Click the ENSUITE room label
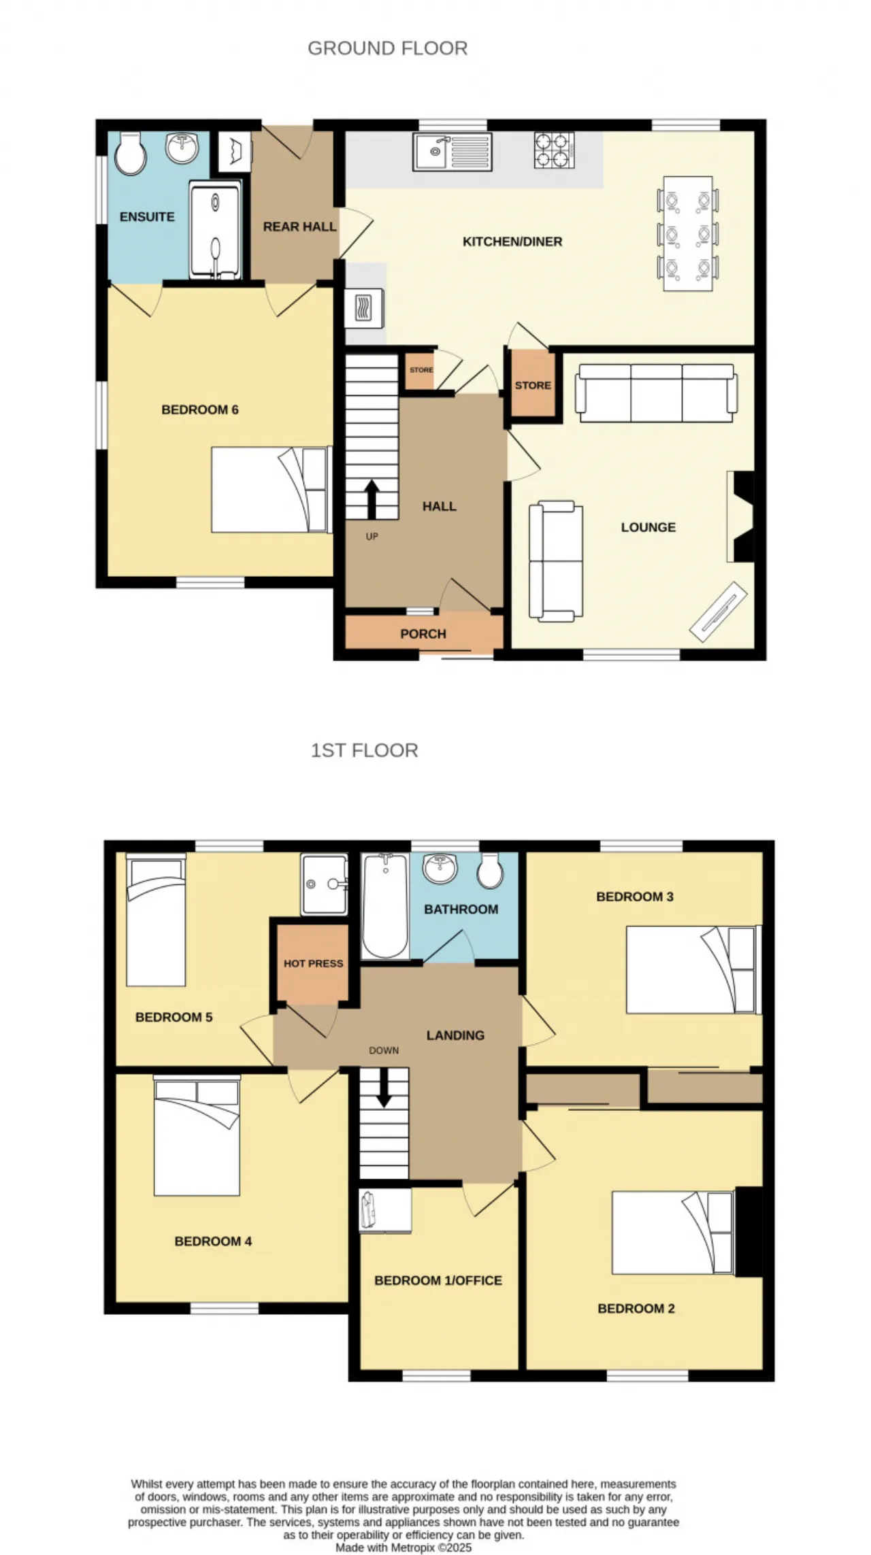(x=147, y=217)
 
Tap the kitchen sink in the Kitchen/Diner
(x=453, y=152)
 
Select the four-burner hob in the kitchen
(x=554, y=150)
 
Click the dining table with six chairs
(x=689, y=233)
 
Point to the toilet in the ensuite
(x=130, y=154)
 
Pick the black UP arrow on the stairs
(x=372, y=500)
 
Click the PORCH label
(x=423, y=634)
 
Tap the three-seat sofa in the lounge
(x=656, y=393)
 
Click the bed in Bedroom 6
(x=271, y=489)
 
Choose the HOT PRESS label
(x=314, y=963)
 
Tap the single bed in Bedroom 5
(x=156, y=920)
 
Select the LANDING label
(x=455, y=1035)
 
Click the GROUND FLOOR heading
(x=388, y=48)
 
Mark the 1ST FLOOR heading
(x=364, y=750)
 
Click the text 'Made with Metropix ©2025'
(x=404, y=1548)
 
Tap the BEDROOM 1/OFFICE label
(x=438, y=1280)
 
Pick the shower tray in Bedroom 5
(x=325, y=884)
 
